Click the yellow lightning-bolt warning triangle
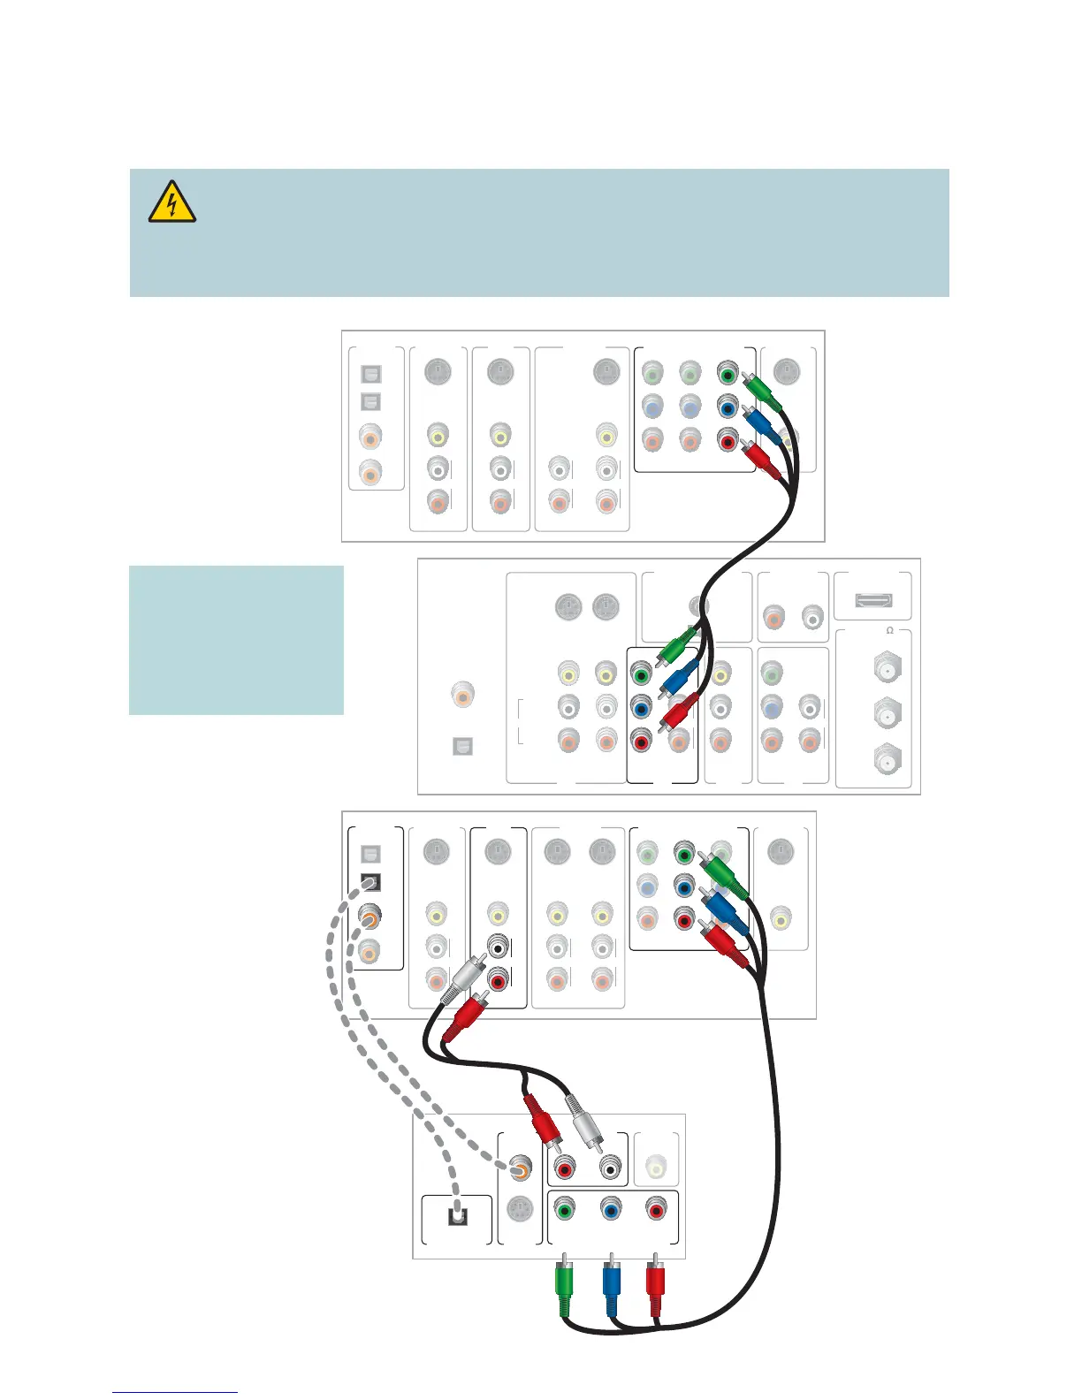pyautogui.click(x=172, y=202)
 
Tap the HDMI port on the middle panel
pyautogui.click(x=873, y=600)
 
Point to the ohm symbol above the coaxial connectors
pyautogui.click(x=889, y=630)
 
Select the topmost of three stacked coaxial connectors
pyautogui.click(x=888, y=669)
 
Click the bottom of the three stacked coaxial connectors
pyautogui.click(x=888, y=758)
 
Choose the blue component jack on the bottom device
pyautogui.click(x=610, y=1209)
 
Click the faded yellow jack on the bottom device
pyautogui.click(x=655, y=1168)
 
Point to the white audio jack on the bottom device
pyautogui.click(x=610, y=1168)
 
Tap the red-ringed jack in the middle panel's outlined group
pyautogui.click(x=641, y=741)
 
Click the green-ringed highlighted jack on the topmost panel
pyautogui.click(x=727, y=373)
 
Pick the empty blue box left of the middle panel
pyautogui.click(x=236, y=640)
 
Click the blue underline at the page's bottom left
pyautogui.click(x=175, y=1392)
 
